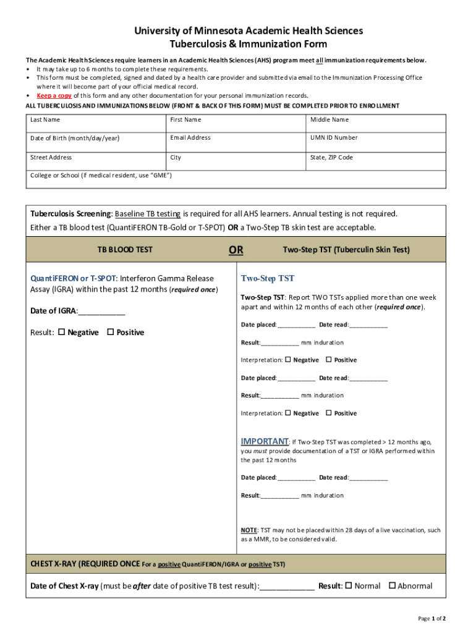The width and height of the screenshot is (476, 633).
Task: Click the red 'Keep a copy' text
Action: click(54, 96)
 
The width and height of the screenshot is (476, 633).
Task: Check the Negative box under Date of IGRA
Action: click(62, 332)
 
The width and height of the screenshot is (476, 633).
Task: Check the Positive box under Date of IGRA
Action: click(111, 332)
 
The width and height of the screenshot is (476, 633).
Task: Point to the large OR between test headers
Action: click(236, 250)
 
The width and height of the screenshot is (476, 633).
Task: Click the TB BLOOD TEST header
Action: click(125, 250)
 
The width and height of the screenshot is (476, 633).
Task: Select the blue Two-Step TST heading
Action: click(268, 278)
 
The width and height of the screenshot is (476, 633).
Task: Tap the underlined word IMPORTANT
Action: click(264, 441)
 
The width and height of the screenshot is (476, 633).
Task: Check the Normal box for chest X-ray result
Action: click(349, 585)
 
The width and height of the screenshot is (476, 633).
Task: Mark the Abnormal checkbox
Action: click(391, 585)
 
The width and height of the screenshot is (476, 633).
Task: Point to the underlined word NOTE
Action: click(249, 530)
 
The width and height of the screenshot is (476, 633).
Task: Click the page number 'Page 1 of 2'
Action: click(431, 618)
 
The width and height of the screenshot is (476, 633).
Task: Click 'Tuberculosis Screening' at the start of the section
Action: click(70, 214)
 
